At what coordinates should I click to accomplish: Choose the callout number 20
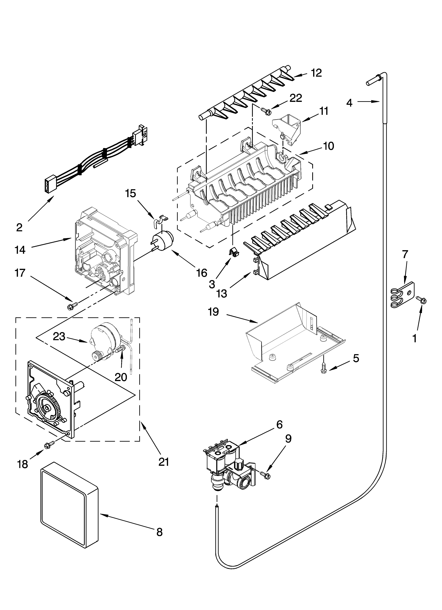pos(121,377)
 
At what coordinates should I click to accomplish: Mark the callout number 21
pos(163,462)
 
